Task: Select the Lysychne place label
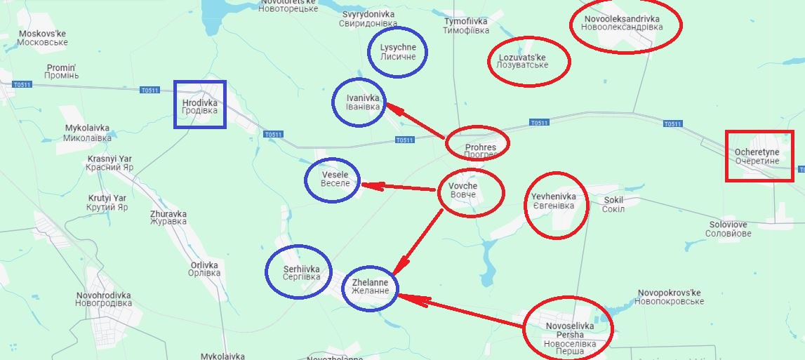click(398, 52)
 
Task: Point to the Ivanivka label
click(363, 102)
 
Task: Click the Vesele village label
click(331, 179)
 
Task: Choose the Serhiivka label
click(302, 272)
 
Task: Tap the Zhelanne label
click(370, 286)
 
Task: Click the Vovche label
click(463, 190)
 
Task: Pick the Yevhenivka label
click(553, 201)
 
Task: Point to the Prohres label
click(481, 148)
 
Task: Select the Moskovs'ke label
click(43, 38)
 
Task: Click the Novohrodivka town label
click(104, 300)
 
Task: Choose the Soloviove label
click(728, 229)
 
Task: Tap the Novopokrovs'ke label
click(670, 297)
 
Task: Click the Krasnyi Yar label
click(109, 164)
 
